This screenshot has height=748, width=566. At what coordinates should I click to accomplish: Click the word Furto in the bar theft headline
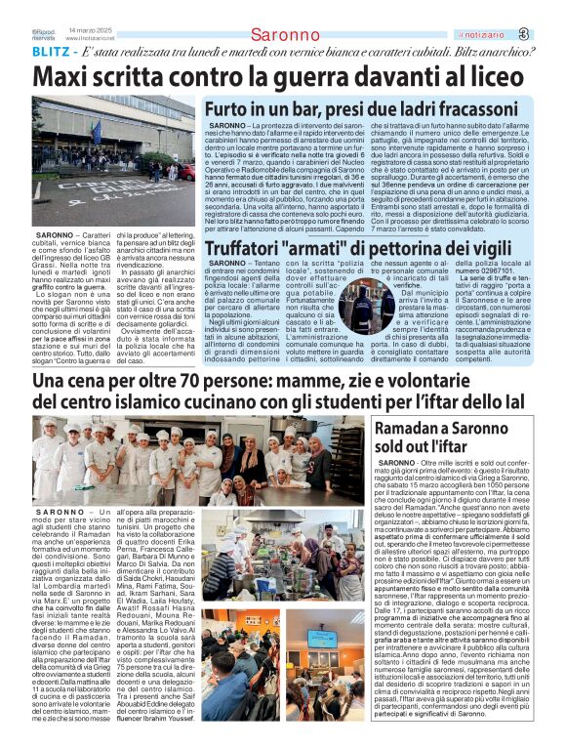coord(229,108)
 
